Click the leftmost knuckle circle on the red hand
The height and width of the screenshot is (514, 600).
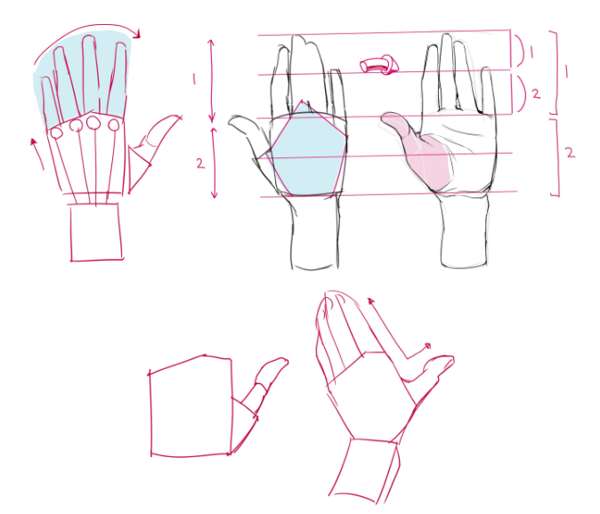(x=56, y=133)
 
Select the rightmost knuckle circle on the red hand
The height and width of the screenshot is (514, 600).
(x=113, y=126)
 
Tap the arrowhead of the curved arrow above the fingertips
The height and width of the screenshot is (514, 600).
(x=138, y=34)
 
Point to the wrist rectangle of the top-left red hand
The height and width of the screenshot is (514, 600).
(x=95, y=232)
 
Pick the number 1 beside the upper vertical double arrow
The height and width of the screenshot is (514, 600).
(x=194, y=79)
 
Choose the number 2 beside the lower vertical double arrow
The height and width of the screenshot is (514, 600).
(x=200, y=163)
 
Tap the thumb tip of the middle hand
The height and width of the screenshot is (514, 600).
(x=234, y=122)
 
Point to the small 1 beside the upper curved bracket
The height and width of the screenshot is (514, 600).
(x=531, y=52)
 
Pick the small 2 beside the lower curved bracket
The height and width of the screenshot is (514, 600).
(x=535, y=92)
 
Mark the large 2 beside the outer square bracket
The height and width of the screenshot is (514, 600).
(x=570, y=152)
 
